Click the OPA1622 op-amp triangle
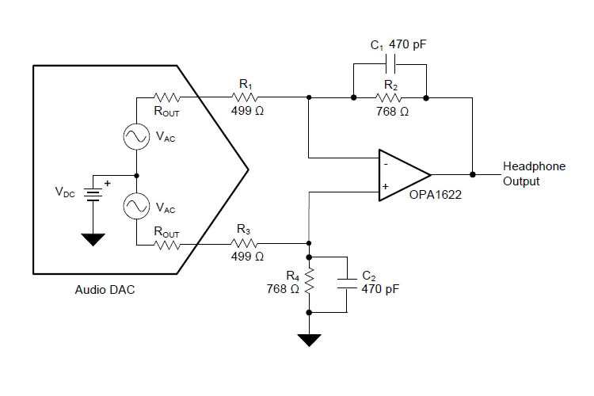(402, 174)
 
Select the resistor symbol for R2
(389, 98)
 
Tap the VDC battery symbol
(93, 192)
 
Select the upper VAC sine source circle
(136, 137)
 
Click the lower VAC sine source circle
(136, 208)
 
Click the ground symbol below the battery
(93, 238)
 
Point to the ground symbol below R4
(309, 340)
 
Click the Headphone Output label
(533, 174)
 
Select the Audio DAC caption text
(105, 290)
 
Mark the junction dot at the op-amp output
(473, 174)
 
